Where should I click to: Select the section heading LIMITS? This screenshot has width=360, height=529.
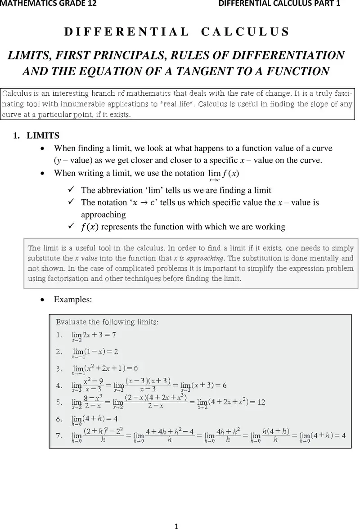pos(43,135)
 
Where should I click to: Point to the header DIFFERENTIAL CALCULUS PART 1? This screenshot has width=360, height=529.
pos(279,4)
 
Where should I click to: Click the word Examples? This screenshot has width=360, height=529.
pos(73,299)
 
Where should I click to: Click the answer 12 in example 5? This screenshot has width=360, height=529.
pos(261,402)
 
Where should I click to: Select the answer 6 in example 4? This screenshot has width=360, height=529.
pos(224,385)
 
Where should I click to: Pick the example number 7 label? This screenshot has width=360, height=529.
pos(59,435)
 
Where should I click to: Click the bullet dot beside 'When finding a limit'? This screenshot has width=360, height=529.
pos(42,148)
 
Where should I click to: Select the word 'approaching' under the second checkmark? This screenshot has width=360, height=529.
pos(103,215)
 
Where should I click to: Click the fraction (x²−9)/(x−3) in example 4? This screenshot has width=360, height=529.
pos(93,385)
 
